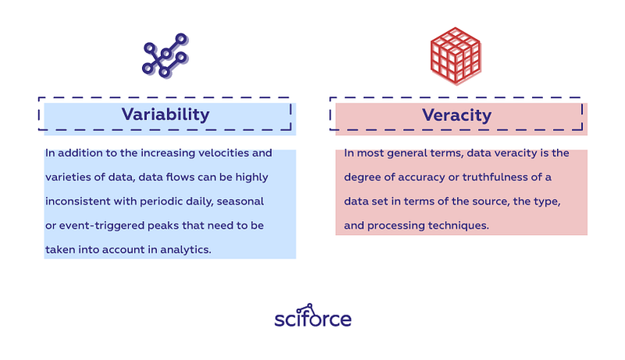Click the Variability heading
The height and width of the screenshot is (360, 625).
(x=166, y=115)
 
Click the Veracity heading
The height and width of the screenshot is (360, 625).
(x=457, y=116)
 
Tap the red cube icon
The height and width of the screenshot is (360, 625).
(x=456, y=55)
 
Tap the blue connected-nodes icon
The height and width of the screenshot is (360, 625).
(x=166, y=55)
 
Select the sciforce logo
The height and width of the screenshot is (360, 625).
(x=313, y=315)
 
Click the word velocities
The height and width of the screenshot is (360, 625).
(x=223, y=153)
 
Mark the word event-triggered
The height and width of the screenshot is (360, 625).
(x=102, y=226)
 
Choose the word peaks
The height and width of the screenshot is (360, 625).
(x=163, y=226)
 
